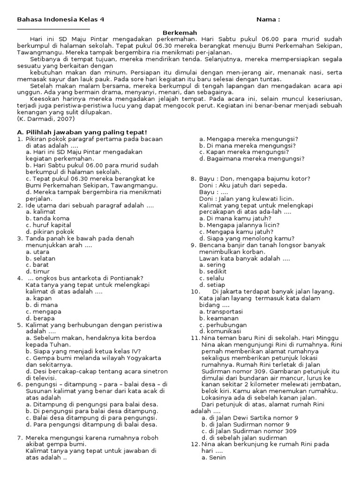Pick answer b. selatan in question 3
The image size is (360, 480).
tap(41, 258)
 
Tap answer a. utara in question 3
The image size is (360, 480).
tap(38, 252)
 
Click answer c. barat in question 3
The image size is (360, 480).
tap(39, 265)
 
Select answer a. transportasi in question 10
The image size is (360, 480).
tap(221, 311)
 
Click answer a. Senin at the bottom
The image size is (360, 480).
tap(214, 457)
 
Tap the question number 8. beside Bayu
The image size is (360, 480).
tap(193, 179)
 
